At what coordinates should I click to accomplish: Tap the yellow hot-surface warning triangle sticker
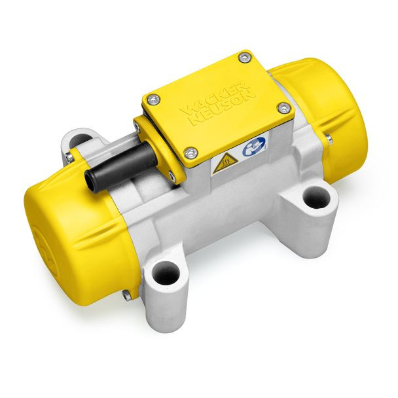(225, 164)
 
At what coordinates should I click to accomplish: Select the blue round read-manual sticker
(254, 146)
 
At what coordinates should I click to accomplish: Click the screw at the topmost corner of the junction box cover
(244, 58)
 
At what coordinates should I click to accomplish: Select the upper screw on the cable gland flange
(136, 124)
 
